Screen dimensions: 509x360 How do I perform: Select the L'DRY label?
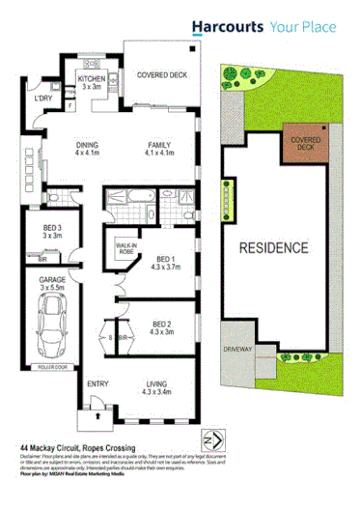point(42,99)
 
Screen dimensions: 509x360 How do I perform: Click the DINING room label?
point(89,148)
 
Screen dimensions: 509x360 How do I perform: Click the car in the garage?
point(51,325)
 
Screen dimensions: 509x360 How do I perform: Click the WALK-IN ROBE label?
point(126,251)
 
